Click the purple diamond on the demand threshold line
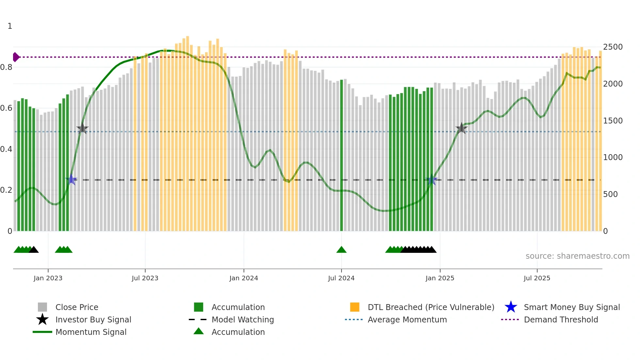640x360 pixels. click(x=16, y=57)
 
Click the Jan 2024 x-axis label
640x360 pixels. click(x=244, y=278)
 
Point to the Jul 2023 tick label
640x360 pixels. click(x=145, y=278)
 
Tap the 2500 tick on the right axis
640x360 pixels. click(x=613, y=47)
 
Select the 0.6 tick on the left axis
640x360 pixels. click(x=6, y=108)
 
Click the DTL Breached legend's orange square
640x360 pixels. click(x=355, y=307)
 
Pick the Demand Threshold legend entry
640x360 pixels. click(x=561, y=319)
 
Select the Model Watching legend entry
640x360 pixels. click(x=242, y=319)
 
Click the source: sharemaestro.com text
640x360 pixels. click(x=577, y=256)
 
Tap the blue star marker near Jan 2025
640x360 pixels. click(x=432, y=180)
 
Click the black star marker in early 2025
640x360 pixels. click(x=461, y=128)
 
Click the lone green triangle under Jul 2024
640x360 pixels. click(x=341, y=250)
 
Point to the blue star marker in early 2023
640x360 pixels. click(x=72, y=180)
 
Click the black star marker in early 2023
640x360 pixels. click(x=83, y=128)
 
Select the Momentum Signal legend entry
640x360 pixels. click(x=90, y=332)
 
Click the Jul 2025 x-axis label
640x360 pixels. click(x=537, y=278)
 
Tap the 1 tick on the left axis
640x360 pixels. click(x=10, y=26)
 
